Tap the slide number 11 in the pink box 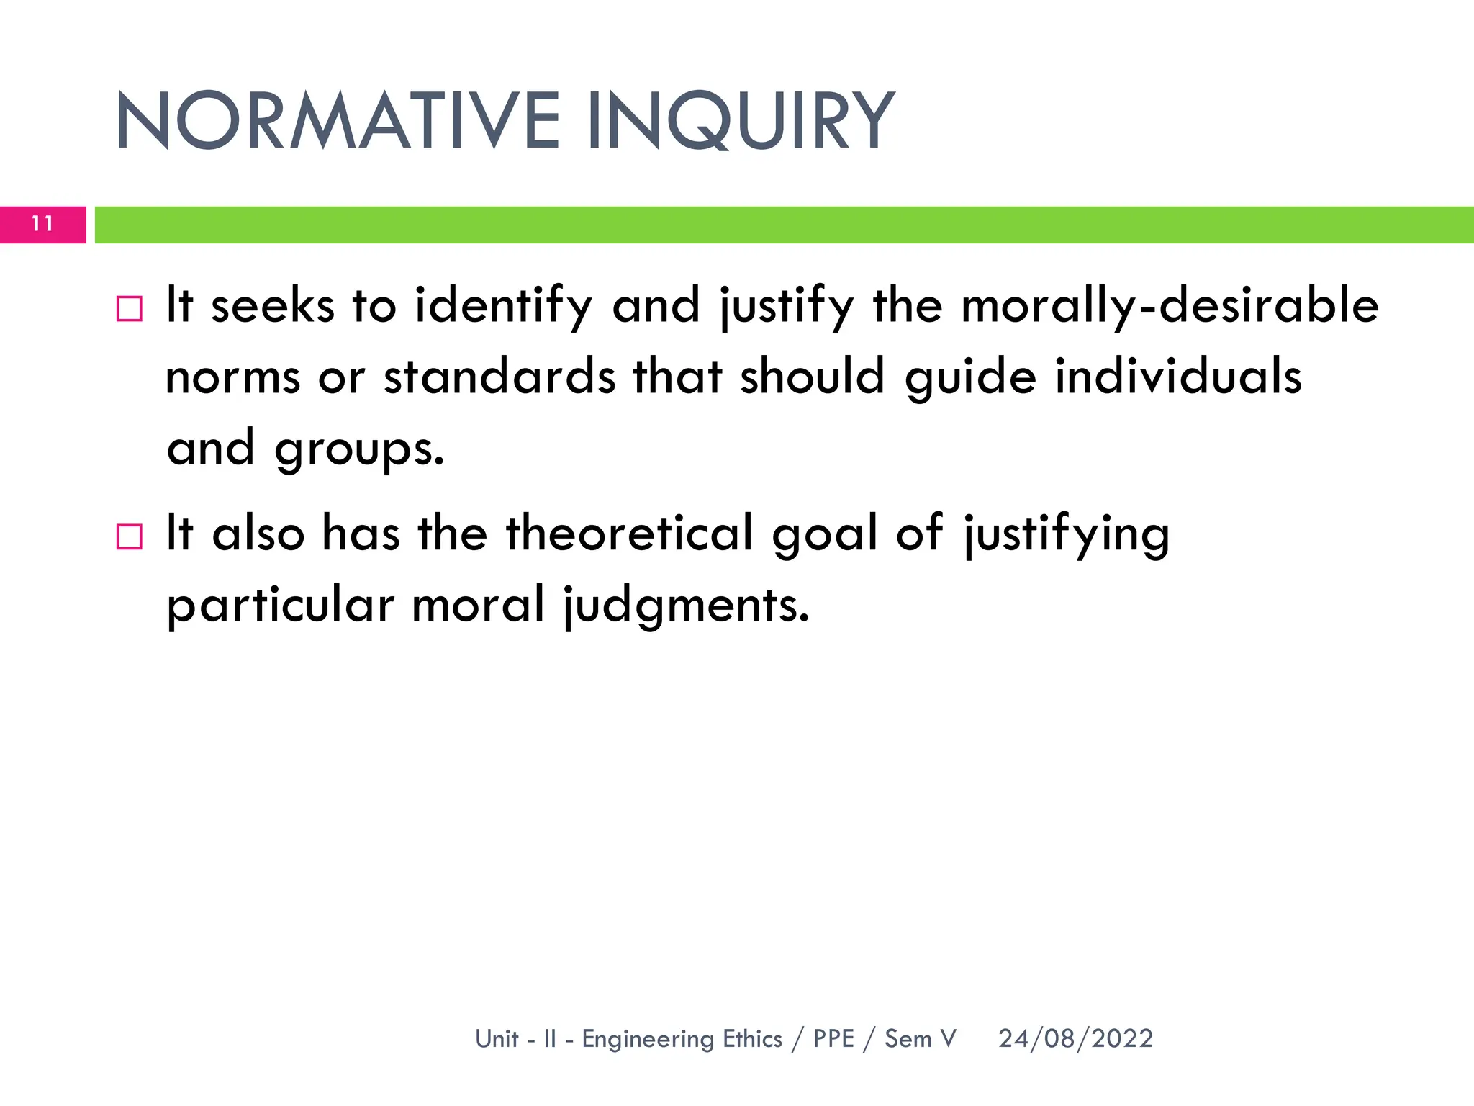pyautogui.click(x=42, y=224)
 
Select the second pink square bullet pyautogui.click(x=130, y=536)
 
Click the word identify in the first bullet pyautogui.click(x=503, y=306)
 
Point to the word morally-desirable pyautogui.click(x=1170, y=306)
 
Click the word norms pyautogui.click(x=232, y=377)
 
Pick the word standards pyautogui.click(x=499, y=377)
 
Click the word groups pyautogui.click(x=359, y=449)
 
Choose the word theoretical pyautogui.click(x=630, y=534)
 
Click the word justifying pyautogui.click(x=1067, y=534)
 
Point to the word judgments pyautogui.click(x=686, y=605)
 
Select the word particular pyautogui.click(x=280, y=605)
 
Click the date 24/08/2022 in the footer pyautogui.click(x=1075, y=1038)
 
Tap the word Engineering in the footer pyautogui.click(x=647, y=1039)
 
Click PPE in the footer pyautogui.click(x=833, y=1038)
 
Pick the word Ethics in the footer pyautogui.click(x=752, y=1038)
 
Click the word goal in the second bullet pyautogui.click(x=825, y=535)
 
